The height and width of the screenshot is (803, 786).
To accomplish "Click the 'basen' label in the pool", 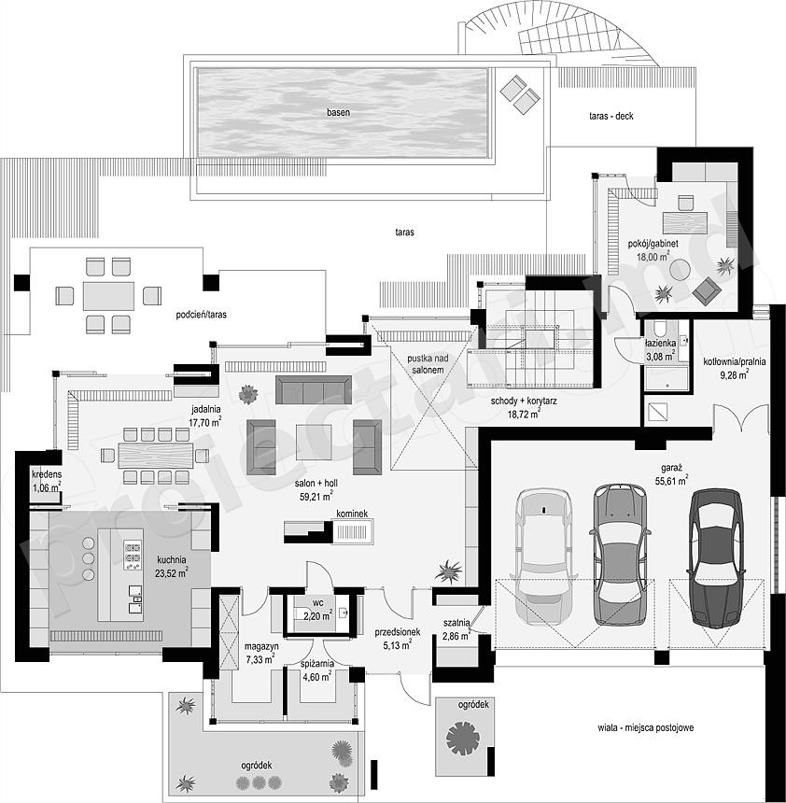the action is [339, 112].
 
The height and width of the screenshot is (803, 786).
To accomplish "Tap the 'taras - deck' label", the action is [611, 117].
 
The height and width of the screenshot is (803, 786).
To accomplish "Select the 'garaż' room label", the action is [671, 468].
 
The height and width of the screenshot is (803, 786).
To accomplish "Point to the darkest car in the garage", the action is [716, 557].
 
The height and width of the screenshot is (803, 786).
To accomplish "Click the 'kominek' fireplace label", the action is [352, 514].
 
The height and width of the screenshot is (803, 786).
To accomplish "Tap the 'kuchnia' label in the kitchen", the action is [172, 559].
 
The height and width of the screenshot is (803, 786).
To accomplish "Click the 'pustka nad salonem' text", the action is [428, 364].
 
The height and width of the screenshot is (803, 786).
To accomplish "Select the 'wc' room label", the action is [317, 602].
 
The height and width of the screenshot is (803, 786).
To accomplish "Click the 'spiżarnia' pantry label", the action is [317, 664].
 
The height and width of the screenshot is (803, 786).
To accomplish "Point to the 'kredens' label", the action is [46, 474].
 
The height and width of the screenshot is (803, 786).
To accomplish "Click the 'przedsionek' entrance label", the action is [398, 632].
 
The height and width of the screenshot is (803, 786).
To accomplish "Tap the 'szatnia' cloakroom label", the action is [456, 623].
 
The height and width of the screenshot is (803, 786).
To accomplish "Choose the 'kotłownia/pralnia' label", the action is [735, 361].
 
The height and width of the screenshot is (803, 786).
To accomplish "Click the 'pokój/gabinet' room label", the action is [653, 244].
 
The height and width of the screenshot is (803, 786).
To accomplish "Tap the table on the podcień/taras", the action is [108, 296].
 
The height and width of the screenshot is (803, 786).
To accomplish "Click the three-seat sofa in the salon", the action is [314, 389].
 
